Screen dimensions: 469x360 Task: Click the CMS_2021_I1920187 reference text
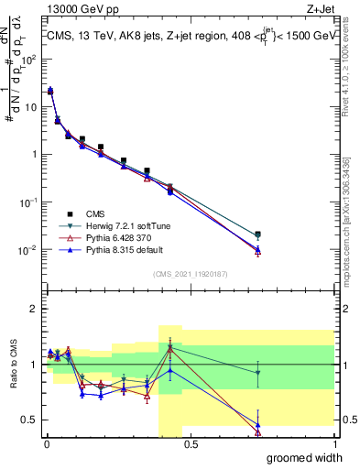tap(190, 273)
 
